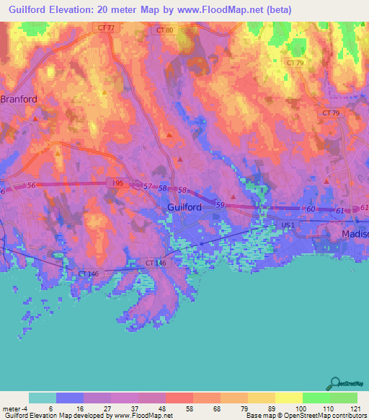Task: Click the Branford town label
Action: click(x=18, y=99)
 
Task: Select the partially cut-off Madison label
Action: click(x=355, y=235)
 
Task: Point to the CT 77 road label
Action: click(x=106, y=28)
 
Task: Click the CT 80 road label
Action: click(x=164, y=31)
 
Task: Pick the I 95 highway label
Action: click(x=119, y=184)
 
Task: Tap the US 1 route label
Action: click(x=288, y=226)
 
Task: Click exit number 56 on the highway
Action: click(x=32, y=185)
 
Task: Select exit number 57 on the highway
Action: click(x=148, y=187)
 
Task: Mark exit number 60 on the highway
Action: click(x=310, y=209)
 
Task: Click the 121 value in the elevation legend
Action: click(x=343, y=408)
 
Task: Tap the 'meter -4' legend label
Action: click(x=16, y=408)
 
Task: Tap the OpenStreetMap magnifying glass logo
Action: click(x=336, y=382)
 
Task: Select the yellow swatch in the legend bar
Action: click(x=288, y=398)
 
